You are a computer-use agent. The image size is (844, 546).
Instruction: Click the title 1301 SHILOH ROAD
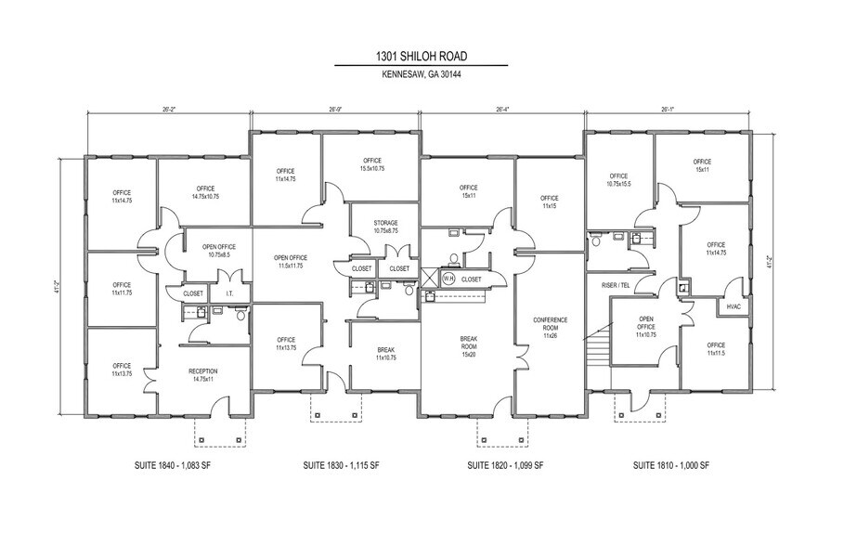pos(421,57)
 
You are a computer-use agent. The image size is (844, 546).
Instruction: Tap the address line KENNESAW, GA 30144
pos(421,75)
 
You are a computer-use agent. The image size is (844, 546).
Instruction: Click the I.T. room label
pos(229,293)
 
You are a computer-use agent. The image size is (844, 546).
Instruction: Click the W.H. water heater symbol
pos(448,278)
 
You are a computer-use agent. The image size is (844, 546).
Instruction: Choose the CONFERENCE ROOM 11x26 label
pos(550,327)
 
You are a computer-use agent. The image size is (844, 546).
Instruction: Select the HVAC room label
pos(734,307)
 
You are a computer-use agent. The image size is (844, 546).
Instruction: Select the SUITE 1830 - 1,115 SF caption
pos(343,464)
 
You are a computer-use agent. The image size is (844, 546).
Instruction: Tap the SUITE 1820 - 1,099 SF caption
pos(505,464)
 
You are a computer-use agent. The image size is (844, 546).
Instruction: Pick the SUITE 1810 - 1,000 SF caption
pos(670,464)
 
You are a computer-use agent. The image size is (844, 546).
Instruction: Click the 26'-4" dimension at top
pos(502,110)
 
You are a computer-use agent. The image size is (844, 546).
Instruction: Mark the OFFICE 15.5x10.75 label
pos(371,165)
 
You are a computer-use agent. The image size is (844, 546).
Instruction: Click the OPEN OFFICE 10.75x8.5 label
pos(218,251)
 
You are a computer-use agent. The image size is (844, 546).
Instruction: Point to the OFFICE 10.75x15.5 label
pos(618,180)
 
